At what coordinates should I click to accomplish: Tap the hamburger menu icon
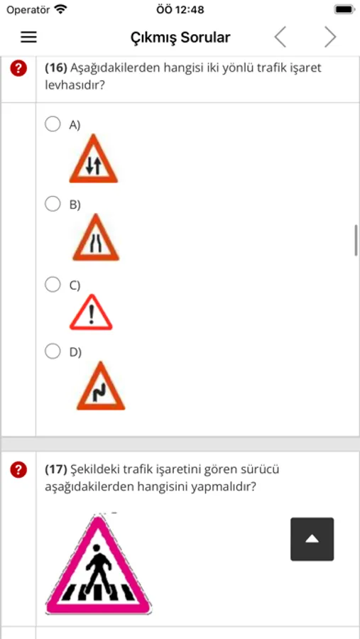point(29,38)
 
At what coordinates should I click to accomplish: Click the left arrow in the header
point(280,38)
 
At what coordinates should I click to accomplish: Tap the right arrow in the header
point(330,38)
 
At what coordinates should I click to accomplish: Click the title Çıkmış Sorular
point(180,38)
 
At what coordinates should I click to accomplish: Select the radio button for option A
point(53,124)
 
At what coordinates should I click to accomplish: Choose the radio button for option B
point(53,204)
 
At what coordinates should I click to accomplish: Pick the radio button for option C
point(53,285)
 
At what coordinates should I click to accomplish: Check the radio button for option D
point(53,351)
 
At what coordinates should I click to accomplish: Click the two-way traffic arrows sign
point(94,159)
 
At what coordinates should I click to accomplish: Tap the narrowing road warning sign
point(96,238)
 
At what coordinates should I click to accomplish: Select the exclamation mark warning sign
point(91,312)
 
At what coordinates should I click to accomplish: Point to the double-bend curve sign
point(101,386)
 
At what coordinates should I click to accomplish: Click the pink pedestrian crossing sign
point(98,564)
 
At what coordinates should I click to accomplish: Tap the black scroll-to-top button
point(312,539)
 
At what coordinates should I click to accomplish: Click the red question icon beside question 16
point(18,67)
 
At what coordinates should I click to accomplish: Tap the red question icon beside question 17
point(18,470)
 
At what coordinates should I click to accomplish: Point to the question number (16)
point(56,67)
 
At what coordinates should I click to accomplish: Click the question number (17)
point(56,470)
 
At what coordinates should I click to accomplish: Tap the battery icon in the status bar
point(344,9)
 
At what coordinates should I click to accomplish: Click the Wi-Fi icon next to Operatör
point(60,9)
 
